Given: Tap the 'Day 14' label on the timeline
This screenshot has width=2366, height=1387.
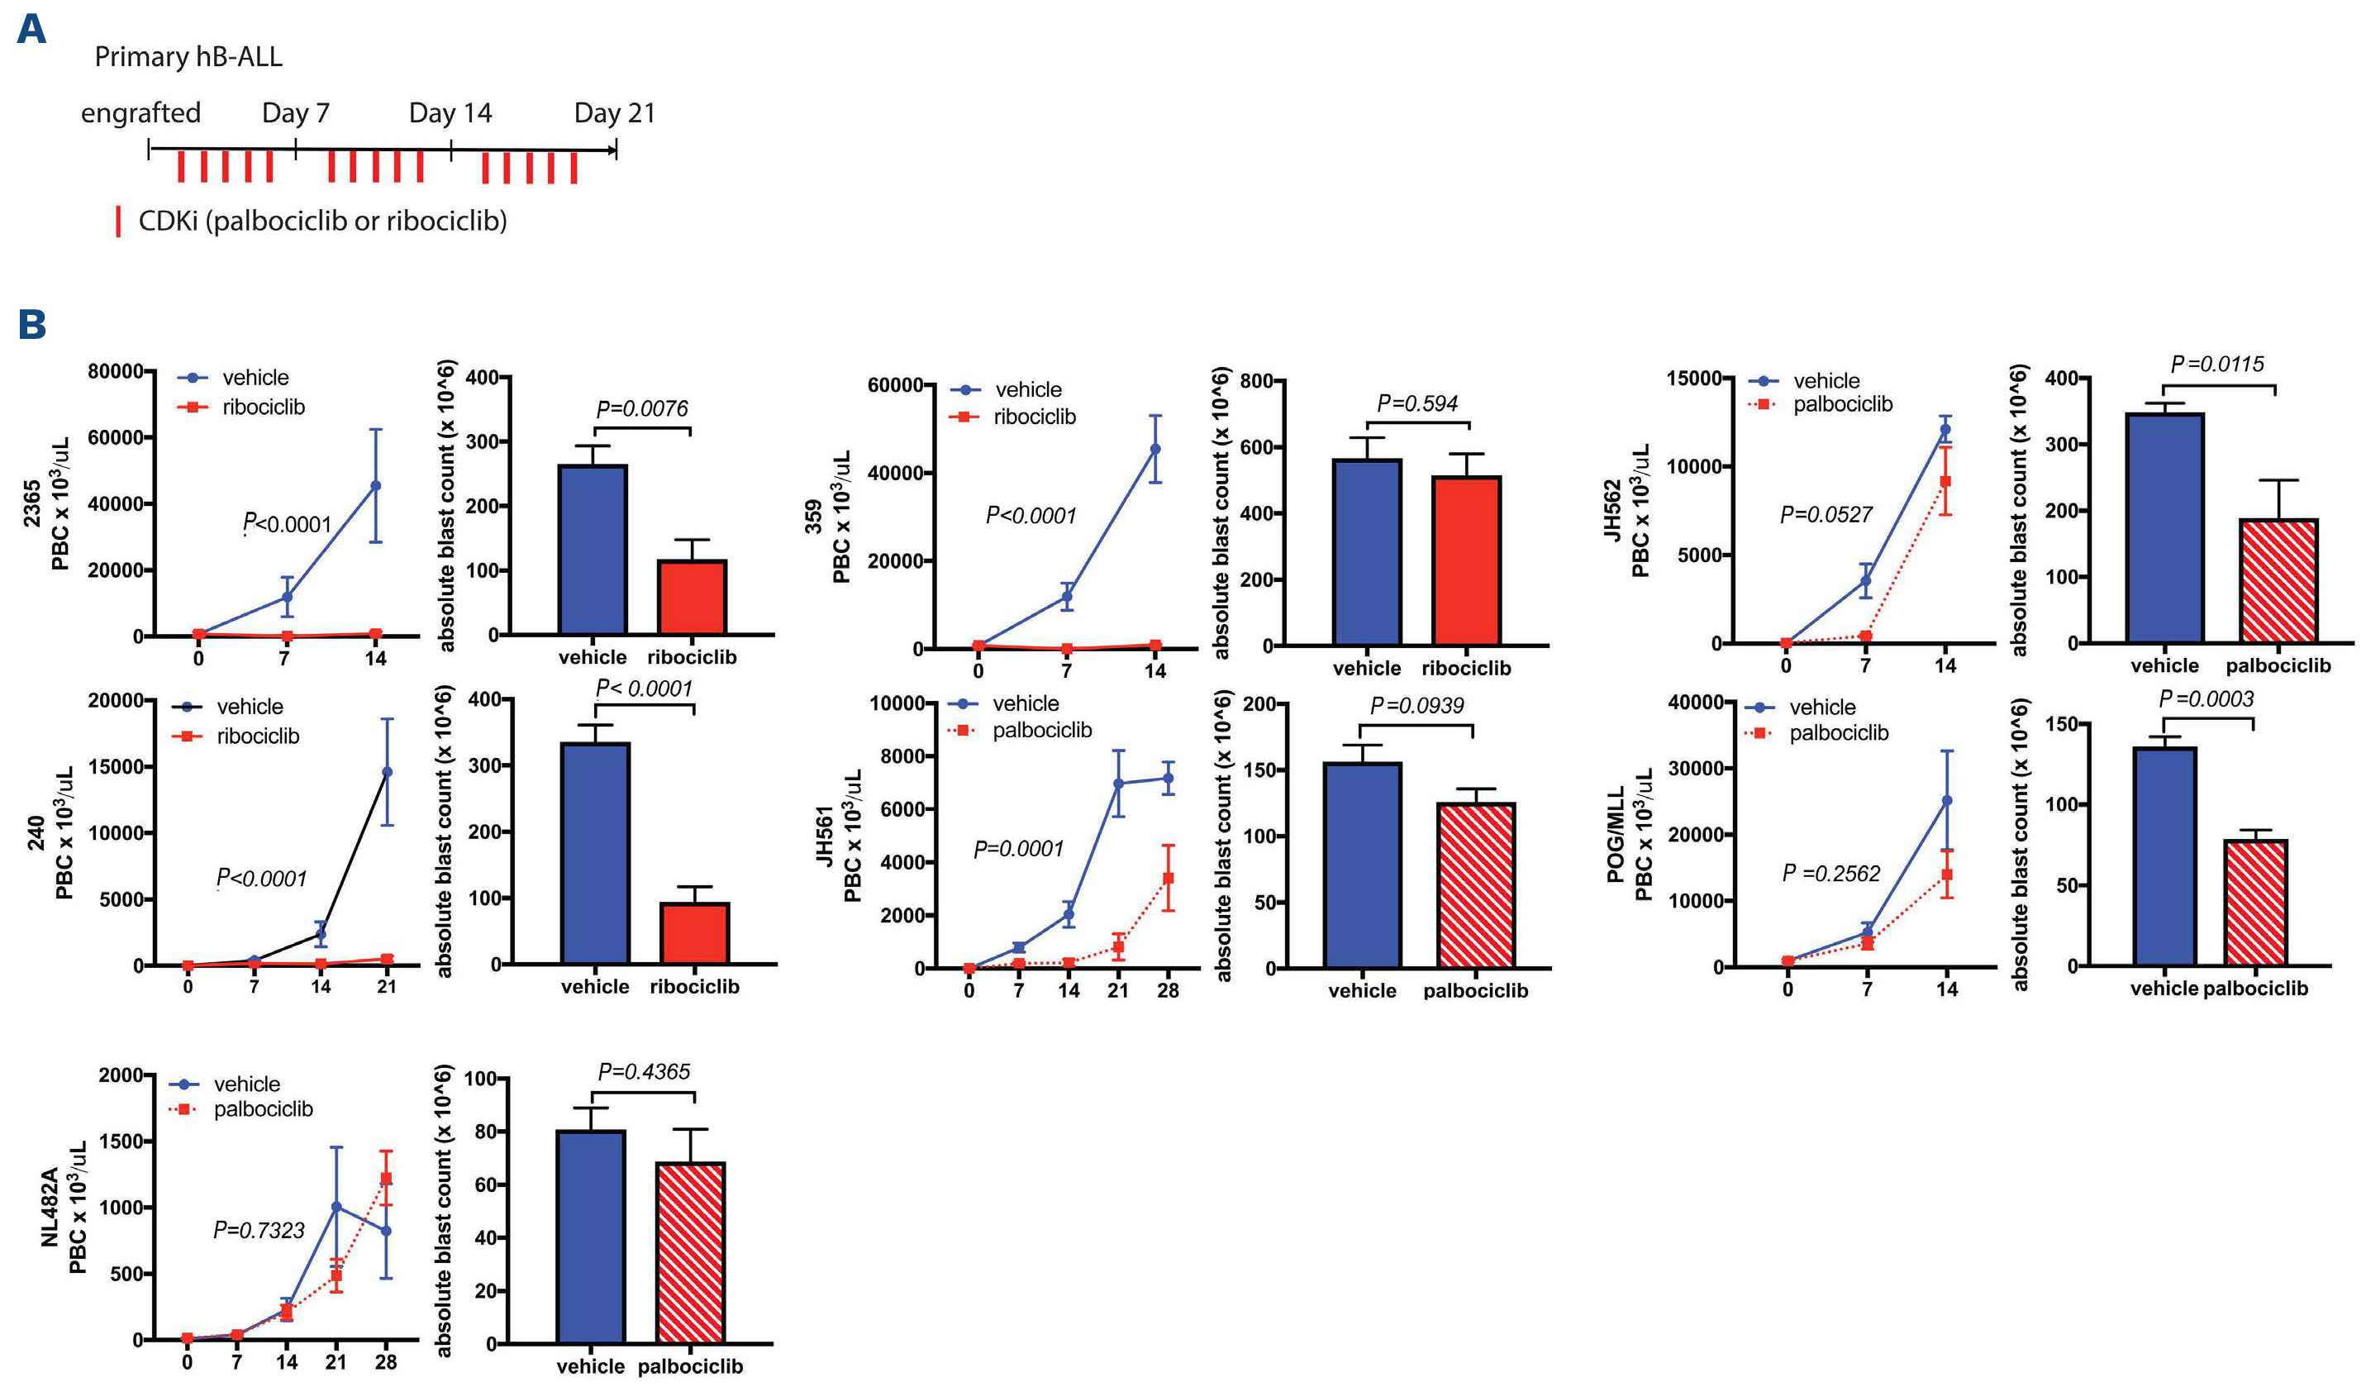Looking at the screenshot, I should [x=450, y=113].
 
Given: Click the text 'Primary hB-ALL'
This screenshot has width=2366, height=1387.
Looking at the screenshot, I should [x=188, y=57].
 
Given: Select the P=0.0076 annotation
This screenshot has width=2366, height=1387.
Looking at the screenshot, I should [x=641, y=408].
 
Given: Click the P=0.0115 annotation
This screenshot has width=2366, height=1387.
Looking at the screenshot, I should [x=2216, y=365].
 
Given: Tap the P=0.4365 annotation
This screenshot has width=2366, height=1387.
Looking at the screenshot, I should [x=643, y=1071].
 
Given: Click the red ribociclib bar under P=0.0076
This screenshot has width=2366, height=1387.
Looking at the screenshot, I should [x=692, y=598].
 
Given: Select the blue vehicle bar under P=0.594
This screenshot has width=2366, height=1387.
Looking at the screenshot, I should [x=1366, y=552].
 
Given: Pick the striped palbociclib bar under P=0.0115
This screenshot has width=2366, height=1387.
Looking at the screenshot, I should [x=2278, y=580].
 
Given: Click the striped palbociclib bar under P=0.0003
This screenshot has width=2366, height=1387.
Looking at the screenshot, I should [x=2255, y=903].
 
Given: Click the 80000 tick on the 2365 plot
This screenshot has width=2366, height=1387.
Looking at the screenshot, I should [x=116, y=371].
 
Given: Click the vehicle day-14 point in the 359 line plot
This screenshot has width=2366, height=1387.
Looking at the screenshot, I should [x=1154, y=449].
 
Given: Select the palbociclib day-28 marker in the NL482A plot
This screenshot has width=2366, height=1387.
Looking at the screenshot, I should [x=386, y=1179].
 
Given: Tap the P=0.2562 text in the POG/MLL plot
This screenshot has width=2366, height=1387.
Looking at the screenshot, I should [x=1830, y=875].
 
